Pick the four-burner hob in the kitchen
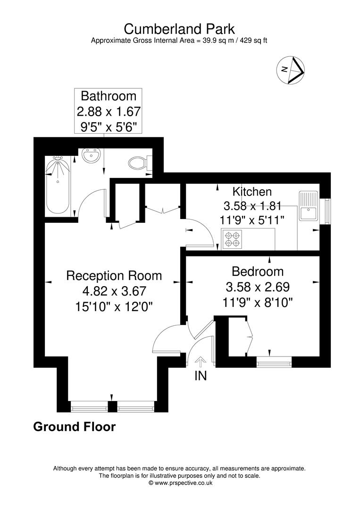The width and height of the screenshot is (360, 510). tap(232, 239)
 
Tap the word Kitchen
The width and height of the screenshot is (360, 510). tap(252, 192)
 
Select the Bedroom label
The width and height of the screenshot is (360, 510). tap(258, 272)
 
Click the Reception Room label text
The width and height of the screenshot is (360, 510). tap(114, 275)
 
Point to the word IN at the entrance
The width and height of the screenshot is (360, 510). tap(201, 376)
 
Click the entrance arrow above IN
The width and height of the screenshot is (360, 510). tap(201, 362)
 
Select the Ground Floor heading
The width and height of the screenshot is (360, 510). tap(74, 427)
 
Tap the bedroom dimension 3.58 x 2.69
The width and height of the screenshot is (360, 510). tap(258, 287)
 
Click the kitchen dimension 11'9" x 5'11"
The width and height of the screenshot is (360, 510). tap(252, 220)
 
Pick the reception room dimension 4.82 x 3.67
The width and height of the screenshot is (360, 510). tap(114, 290)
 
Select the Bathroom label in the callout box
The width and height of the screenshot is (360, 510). tap(109, 96)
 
